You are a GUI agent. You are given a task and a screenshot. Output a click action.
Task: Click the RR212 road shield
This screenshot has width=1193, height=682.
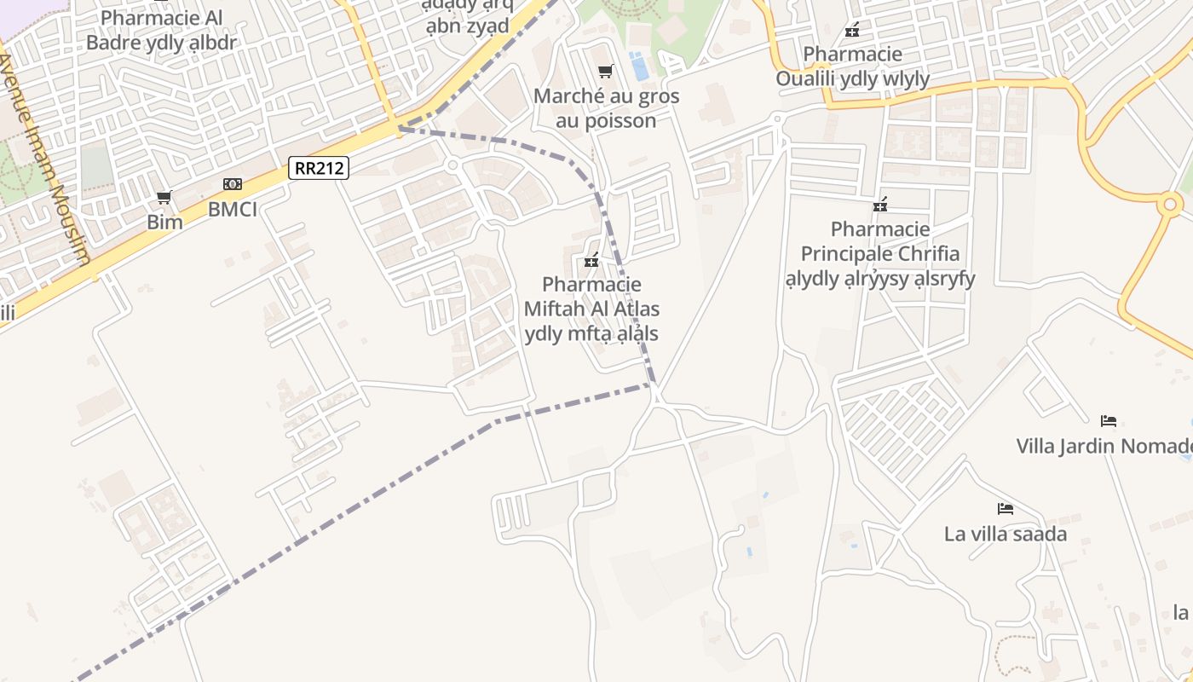(x=319, y=168)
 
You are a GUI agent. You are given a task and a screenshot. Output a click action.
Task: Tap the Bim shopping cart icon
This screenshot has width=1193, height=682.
(x=164, y=198)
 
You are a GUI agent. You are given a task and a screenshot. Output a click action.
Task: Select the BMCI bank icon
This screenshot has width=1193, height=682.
(x=232, y=184)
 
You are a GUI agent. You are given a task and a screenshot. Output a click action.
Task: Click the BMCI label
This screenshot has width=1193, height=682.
(x=232, y=209)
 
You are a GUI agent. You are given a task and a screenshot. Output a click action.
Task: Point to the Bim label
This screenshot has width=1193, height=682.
(x=164, y=223)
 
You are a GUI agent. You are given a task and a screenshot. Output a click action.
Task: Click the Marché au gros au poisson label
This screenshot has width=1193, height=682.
(x=606, y=108)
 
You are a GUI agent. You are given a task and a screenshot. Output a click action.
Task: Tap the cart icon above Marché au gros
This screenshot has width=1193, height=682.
(x=605, y=71)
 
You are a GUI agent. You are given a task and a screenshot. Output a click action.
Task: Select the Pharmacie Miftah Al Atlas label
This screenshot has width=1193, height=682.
(x=591, y=309)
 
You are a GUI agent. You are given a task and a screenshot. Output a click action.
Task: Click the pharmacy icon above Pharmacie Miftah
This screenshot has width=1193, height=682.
(x=591, y=262)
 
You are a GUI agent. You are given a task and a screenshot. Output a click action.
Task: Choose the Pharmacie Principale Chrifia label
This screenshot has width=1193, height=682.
(x=880, y=253)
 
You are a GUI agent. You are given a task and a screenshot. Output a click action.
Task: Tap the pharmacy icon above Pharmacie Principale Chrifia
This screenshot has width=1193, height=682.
(x=880, y=205)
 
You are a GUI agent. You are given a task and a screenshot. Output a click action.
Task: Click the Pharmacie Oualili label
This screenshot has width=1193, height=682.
(x=852, y=66)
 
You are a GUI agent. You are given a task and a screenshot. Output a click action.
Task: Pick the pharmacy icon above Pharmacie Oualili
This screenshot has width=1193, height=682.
(x=851, y=31)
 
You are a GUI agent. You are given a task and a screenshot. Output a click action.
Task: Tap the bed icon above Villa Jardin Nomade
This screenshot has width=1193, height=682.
(x=1108, y=420)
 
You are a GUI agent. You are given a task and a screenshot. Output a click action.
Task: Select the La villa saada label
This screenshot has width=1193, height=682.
(x=1006, y=535)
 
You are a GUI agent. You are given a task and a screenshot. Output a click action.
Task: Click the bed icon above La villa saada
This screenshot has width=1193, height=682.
(x=1006, y=509)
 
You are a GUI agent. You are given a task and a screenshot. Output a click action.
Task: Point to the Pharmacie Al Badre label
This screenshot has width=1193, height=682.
(x=161, y=30)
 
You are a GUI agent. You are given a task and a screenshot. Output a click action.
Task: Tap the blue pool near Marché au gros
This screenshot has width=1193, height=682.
(x=638, y=66)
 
